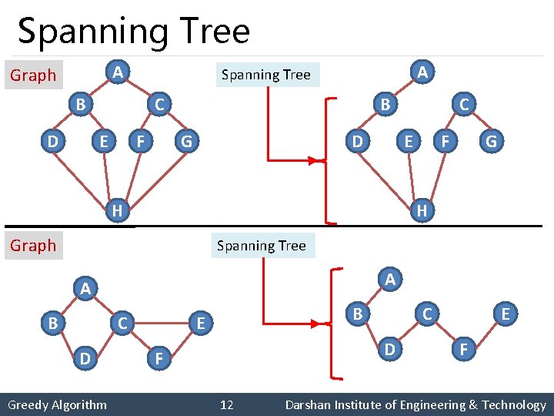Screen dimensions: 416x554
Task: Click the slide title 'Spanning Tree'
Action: (x=134, y=32)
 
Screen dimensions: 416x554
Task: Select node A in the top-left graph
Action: (x=116, y=72)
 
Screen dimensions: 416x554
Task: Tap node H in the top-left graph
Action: (x=116, y=210)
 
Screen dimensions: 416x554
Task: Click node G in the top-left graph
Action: (x=185, y=142)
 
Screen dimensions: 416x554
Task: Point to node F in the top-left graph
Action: (x=140, y=142)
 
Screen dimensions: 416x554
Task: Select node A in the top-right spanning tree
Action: (x=422, y=72)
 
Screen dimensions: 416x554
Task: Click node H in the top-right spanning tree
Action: (x=422, y=210)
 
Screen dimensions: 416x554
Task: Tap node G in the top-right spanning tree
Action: (x=490, y=142)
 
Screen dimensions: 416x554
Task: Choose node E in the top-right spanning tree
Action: (x=409, y=142)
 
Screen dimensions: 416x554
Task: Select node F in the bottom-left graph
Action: (x=158, y=358)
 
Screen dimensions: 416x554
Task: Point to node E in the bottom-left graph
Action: (x=201, y=324)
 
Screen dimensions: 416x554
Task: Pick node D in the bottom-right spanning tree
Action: (x=391, y=349)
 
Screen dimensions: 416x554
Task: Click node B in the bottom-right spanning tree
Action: (x=355, y=314)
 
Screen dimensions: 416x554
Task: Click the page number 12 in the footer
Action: (x=227, y=404)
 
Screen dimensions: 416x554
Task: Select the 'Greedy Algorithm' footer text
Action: (x=58, y=404)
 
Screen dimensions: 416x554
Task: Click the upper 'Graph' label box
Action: (x=33, y=75)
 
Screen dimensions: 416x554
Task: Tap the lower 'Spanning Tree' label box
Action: (x=262, y=246)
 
